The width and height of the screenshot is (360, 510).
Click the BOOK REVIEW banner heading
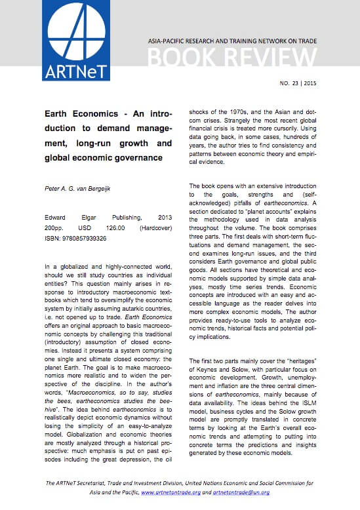(x=232, y=60)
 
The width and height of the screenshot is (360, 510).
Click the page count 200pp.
(x=56, y=227)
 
